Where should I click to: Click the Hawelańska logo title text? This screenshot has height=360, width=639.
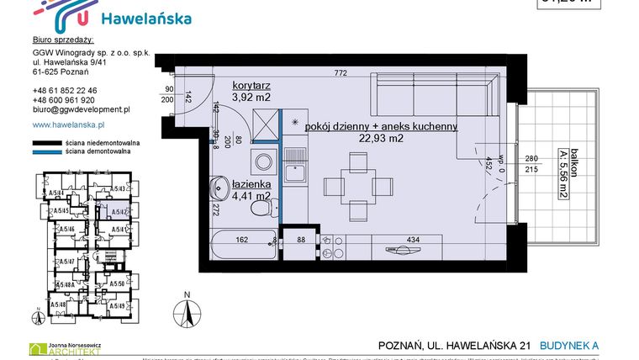click(145, 19)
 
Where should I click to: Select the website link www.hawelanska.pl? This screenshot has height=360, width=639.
click(67, 124)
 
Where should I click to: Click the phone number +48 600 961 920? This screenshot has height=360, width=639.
click(63, 100)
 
